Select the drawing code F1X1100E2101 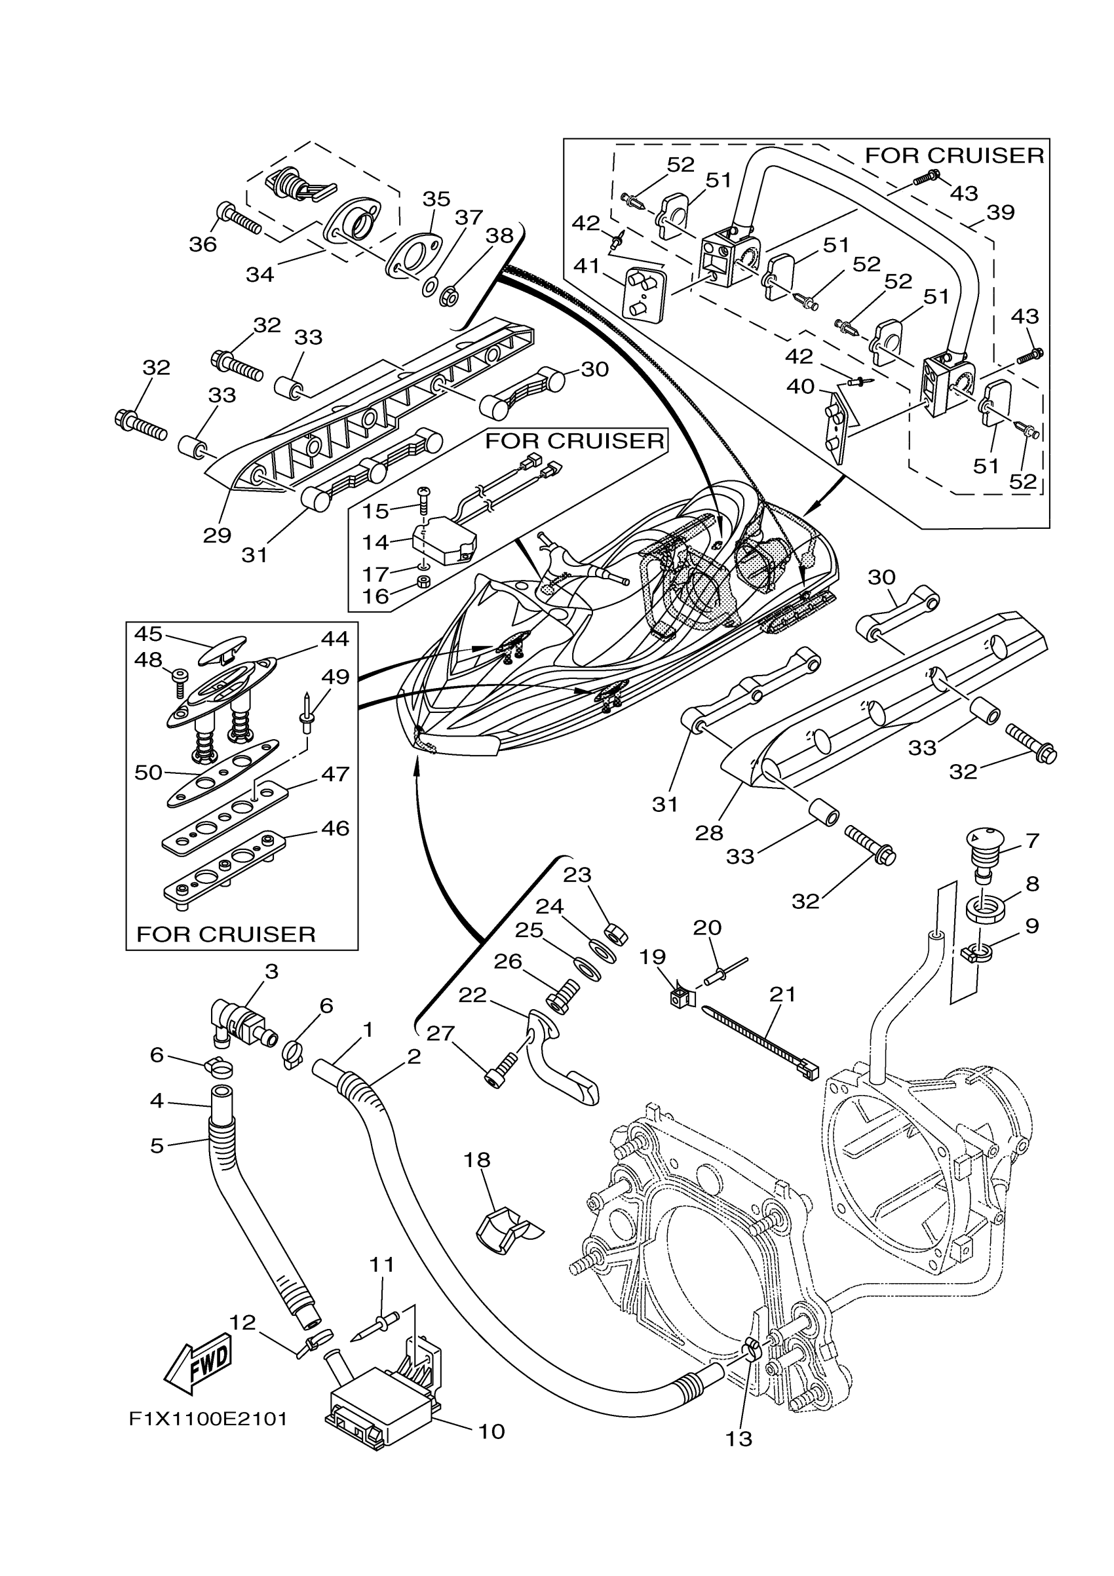point(208,1419)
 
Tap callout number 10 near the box point(491,1431)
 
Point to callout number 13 point(739,1439)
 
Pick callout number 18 point(477,1159)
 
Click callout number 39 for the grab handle point(1000,212)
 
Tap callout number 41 point(586,265)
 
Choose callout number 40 point(800,386)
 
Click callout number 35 point(436,199)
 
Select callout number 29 point(217,535)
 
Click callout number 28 point(708,833)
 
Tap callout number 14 point(375,543)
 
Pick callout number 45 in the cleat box point(148,633)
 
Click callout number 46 point(335,828)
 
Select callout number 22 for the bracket point(472,995)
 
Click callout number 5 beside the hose point(157,1145)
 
